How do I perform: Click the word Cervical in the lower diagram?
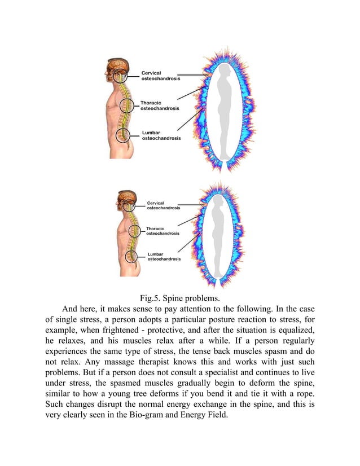coord(155,203)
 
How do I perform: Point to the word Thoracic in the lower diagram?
coord(155,228)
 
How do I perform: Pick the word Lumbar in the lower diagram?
coord(155,254)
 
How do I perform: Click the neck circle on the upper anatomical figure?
coord(120,76)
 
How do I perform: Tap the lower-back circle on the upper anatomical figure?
coord(122,135)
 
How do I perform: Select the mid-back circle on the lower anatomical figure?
coord(134,231)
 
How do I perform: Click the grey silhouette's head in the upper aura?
coord(224,72)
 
